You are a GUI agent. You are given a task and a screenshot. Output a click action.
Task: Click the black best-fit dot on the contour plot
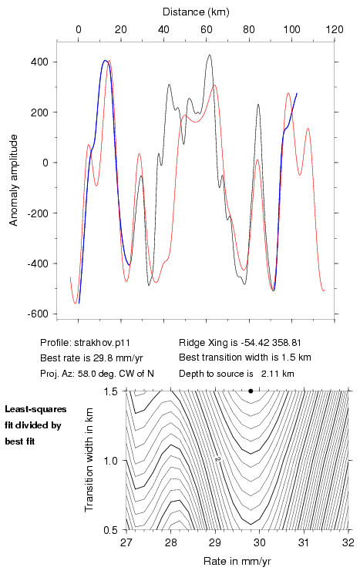[251, 391]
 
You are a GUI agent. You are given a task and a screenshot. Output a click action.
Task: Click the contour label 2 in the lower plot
[217, 458]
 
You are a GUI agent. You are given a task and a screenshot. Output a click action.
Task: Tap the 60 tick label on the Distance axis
[206, 29]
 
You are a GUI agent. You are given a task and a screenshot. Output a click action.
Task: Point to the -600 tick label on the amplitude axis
[38, 314]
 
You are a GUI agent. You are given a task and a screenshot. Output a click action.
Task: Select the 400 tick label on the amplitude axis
[39, 62]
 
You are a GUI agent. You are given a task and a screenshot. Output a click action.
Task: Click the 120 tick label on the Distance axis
[335, 29]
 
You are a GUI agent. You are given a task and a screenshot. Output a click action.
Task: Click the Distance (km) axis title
[196, 12]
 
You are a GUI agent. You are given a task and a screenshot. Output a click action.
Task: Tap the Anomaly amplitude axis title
[14, 180]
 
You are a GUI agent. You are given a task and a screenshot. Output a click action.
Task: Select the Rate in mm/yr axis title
[237, 561]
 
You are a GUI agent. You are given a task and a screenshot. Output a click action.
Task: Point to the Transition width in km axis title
[89, 460]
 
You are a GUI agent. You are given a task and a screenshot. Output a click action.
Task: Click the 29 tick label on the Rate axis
[215, 542]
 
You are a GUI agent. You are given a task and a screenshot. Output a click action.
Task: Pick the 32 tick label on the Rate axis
[348, 542]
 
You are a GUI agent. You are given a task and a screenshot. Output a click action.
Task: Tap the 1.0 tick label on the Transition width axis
[110, 461]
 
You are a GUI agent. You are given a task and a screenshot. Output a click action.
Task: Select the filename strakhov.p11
[102, 343]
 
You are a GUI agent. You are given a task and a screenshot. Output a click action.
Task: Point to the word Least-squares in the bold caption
[35, 409]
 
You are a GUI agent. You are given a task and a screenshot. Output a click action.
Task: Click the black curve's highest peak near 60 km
[209, 55]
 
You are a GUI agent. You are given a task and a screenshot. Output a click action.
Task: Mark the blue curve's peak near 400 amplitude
[105, 60]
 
